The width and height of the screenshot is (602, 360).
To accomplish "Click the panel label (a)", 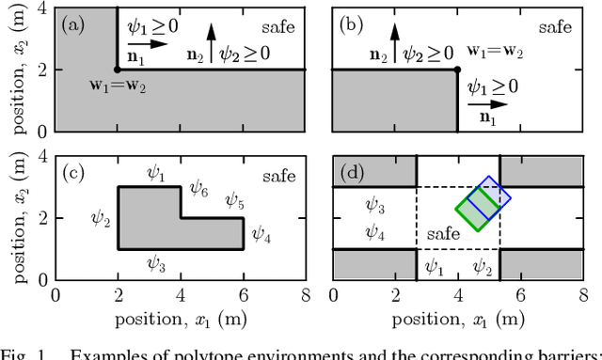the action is click(x=73, y=25).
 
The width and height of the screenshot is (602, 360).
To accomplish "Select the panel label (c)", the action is click(x=73, y=174).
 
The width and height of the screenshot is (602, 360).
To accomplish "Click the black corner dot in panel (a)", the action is click(x=118, y=70).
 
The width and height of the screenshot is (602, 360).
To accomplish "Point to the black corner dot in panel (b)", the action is click(x=457, y=70).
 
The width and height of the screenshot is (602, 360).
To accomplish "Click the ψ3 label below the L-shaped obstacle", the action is click(x=157, y=266).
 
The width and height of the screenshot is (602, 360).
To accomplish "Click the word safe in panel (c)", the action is click(x=278, y=175).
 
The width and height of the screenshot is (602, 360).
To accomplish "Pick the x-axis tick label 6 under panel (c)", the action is click(x=244, y=297).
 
